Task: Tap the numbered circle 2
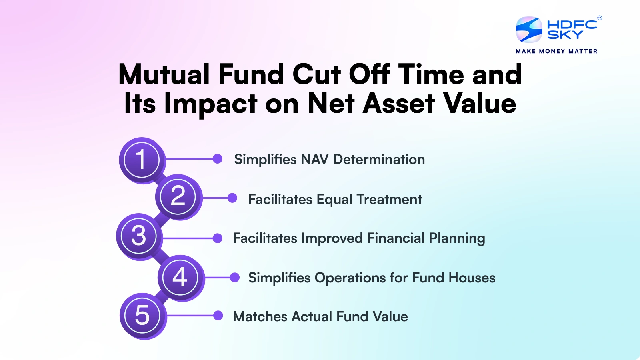178,196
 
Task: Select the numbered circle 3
139,236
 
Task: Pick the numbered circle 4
180,277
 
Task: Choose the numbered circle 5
142,316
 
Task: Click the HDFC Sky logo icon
529,30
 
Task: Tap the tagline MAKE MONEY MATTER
556,51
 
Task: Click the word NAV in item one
314,159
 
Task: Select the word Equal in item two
334,200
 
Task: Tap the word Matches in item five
260,316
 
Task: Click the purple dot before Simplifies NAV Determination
218,159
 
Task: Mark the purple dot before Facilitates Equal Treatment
232,198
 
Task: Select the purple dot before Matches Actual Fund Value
218,316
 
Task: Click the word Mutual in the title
164,74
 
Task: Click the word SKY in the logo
565,35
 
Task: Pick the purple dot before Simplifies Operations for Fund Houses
235,277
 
